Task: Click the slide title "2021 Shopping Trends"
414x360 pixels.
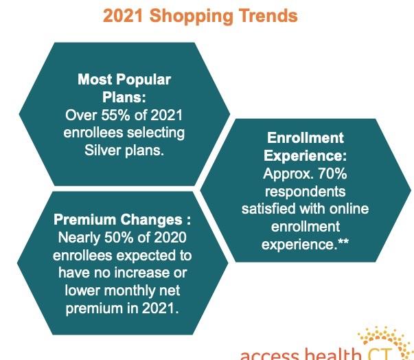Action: pyautogui.click(x=200, y=16)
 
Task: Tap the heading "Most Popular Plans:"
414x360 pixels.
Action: pyautogui.click(x=124, y=88)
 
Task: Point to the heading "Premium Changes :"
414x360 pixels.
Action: pyautogui.click(x=122, y=219)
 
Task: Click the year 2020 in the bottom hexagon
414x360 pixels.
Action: pyautogui.click(x=170, y=238)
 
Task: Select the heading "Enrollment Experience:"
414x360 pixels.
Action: pyautogui.click(x=306, y=146)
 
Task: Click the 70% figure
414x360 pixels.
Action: pyautogui.click(x=332, y=174)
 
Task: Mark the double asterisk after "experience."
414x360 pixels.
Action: pyautogui.click(x=343, y=242)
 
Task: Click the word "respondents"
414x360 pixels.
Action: pyautogui.click(x=306, y=192)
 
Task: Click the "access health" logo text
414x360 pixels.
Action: pyautogui.click(x=300, y=355)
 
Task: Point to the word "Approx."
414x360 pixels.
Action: pyautogui.click(x=288, y=175)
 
